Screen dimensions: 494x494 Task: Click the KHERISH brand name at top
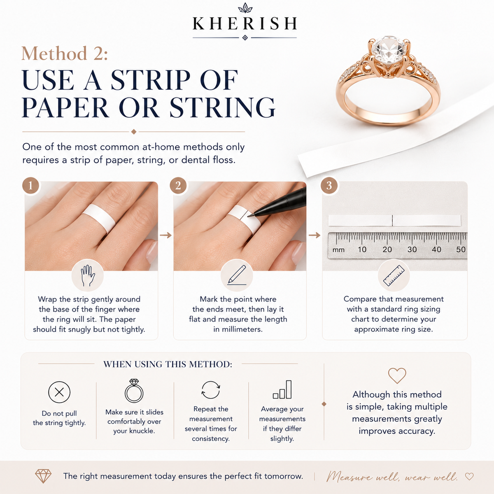pyautogui.click(x=245, y=23)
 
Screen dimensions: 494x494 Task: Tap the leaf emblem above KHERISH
pyautogui.click(x=245, y=8)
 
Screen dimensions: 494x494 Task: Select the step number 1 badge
pyautogui.click(x=30, y=185)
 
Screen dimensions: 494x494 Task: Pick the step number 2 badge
pyautogui.click(x=178, y=185)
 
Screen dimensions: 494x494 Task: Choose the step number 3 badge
pyautogui.click(x=329, y=185)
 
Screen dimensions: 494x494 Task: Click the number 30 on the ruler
pyautogui.click(x=412, y=249)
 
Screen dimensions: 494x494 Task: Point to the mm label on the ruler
pyautogui.click(x=338, y=250)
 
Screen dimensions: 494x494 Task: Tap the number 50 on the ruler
pyautogui.click(x=461, y=249)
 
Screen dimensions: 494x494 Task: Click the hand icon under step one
pyautogui.click(x=88, y=275)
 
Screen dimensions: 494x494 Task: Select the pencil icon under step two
pyautogui.click(x=237, y=275)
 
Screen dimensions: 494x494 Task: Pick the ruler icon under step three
pyautogui.click(x=394, y=275)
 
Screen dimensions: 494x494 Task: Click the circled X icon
pyautogui.click(x=59, y=392)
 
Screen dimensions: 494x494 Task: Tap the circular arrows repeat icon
pyautogui.click(x=211, y=390)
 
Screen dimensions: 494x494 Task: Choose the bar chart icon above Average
pyautogui.click(x=282, y=389)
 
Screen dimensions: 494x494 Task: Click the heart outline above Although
pyautogui.click(x=397, y=375)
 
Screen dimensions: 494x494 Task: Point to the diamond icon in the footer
pyautogui.click(x=43, y=476)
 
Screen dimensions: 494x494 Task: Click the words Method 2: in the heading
pyautogui.click(x=65, y=54)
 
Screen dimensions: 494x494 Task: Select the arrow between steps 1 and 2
pyautogui.click(x=165, y=235)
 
